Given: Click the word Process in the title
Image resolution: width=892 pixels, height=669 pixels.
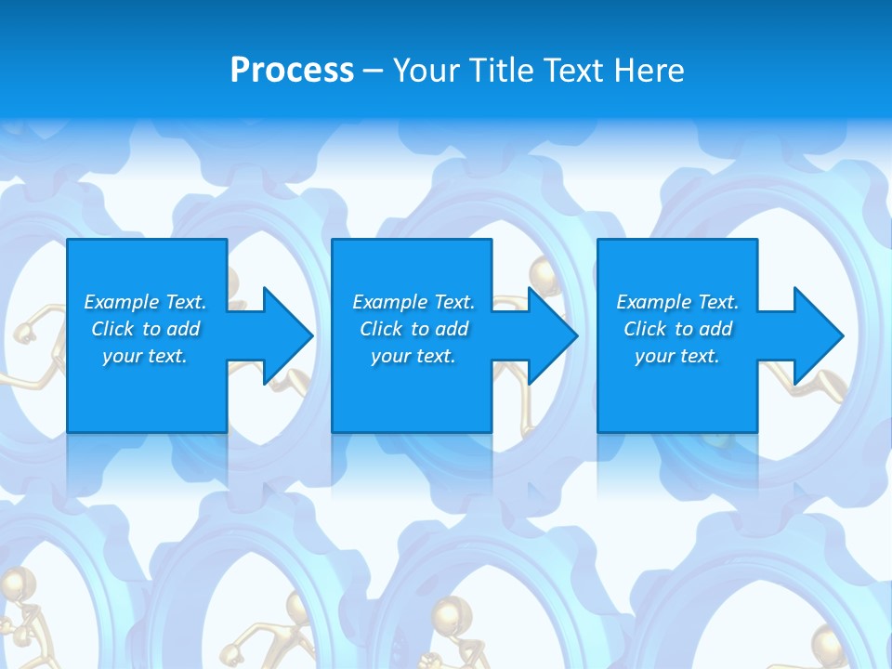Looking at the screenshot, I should click(292, 71).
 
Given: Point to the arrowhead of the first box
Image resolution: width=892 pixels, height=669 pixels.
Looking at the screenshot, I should click(288, 335).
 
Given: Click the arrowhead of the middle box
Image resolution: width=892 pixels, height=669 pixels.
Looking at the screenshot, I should click(554, 335).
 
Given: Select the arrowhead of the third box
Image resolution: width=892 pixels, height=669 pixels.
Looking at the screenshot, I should click(820, 335).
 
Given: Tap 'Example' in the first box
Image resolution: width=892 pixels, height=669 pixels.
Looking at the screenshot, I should click(121, 302).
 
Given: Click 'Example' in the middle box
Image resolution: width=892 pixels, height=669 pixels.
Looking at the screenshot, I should click(389, 302).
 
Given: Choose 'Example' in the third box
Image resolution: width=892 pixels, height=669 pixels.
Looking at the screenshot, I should click(653, 302).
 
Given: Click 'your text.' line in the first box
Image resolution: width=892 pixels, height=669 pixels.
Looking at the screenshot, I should click(145, 356).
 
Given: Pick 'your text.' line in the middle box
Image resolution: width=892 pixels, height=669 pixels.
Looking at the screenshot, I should click(413, 356).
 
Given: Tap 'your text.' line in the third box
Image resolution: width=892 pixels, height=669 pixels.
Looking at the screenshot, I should click(677, 356).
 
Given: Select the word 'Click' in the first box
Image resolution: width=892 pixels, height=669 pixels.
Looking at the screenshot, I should click(112, 329).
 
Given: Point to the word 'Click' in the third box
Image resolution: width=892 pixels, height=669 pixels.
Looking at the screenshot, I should click(645, 329).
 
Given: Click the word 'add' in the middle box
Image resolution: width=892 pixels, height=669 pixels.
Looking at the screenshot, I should click(452, 329).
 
